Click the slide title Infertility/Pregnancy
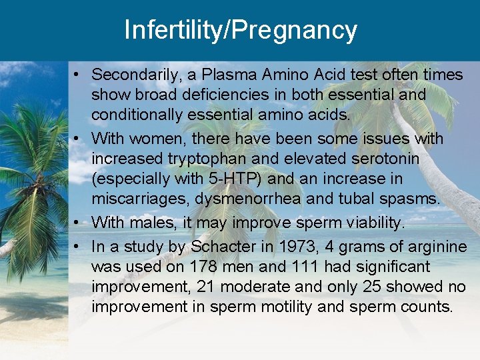tap(240, 31)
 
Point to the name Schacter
tap(223, 247)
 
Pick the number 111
tap(290, 267)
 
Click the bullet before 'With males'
tap(78, 221)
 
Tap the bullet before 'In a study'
tap(78, 247)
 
